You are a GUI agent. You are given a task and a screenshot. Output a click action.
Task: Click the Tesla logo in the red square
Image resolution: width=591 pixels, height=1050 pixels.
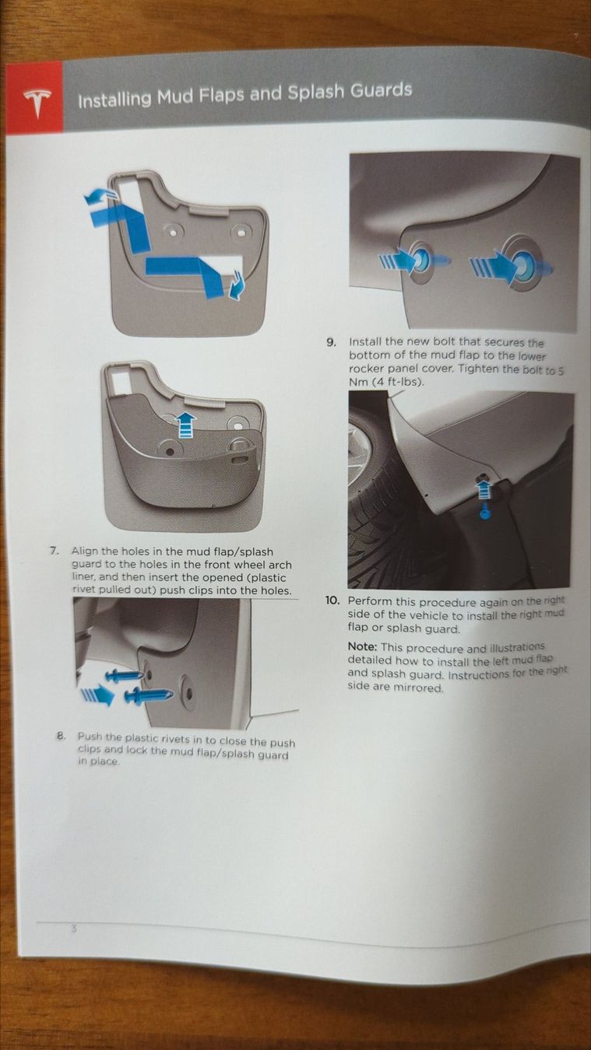click(x=36, y=102)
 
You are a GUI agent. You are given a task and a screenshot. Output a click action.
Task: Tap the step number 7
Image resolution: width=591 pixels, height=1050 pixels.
click(x=54, y=551)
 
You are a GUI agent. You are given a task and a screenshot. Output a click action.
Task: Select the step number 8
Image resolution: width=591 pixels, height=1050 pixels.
click(x=60, y=736)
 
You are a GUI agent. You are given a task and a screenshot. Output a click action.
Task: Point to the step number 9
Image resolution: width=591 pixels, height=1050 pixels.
click(x=332, y=343)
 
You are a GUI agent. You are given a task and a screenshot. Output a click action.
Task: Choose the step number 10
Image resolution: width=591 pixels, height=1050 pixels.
click(x=332, y=600)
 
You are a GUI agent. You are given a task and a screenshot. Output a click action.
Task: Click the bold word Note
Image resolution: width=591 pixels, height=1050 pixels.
click(x=362, y=647)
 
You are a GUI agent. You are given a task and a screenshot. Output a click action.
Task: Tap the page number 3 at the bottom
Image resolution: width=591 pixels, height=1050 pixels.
click(x=72, y=928)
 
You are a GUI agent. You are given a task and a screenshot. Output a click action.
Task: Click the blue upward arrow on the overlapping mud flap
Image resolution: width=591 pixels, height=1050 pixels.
click(x=187, y=425)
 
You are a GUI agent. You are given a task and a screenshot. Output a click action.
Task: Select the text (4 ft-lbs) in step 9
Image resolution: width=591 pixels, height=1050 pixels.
click(x=396, y=382)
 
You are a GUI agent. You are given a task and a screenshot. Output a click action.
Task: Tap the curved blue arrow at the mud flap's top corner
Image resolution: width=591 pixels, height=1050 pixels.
click(x=99, y=197)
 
